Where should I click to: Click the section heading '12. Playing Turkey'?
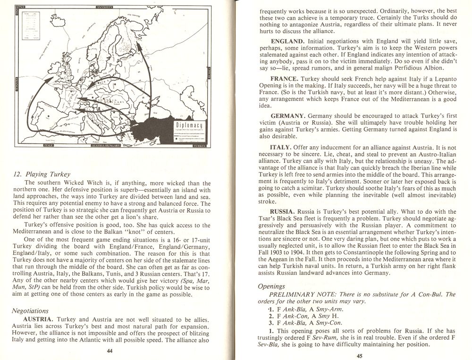point(41,174)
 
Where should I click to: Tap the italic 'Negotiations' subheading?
point(31,310)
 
